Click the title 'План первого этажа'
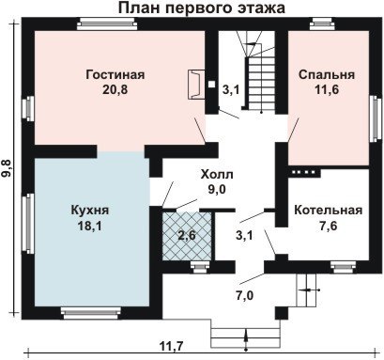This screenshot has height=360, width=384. point(202,8)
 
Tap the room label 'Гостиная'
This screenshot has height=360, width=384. point(115,75)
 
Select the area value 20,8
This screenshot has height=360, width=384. point(115,90)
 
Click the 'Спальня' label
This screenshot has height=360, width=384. point(327,75)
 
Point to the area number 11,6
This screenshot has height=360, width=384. point(327,90)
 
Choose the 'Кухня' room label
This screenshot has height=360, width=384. point(90,210)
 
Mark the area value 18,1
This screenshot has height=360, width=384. point(89,226)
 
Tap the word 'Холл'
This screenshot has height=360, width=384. point(217,174)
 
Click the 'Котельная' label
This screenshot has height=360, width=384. point(329,210)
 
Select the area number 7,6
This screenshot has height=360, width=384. point(329,226)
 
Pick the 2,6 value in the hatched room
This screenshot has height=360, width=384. point(187,235)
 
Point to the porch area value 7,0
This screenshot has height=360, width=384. point(244,295)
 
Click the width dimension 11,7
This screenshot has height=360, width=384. point(172,346)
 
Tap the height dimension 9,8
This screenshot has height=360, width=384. point(8,167)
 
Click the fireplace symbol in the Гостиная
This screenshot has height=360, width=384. point(196,85)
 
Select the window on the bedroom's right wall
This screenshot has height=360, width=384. point(375,118)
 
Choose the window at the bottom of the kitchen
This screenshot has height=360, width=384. point(90,313)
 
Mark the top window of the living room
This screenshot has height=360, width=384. point(107,24)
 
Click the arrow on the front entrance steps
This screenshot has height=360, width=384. point(246,339)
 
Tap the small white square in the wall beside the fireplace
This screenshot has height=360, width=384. point(212,84)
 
